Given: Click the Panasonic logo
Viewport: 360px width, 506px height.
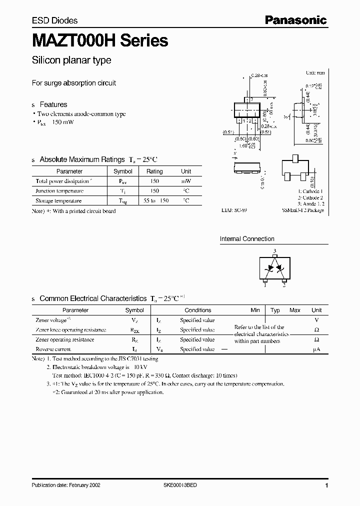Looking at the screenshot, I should pos(295,20).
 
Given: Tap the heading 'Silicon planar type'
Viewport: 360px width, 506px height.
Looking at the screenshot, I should pos(71,60).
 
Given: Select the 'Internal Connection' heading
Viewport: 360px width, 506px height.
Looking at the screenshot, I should pos(247,239).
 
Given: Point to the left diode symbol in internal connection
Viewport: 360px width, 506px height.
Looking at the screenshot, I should pos(269,268).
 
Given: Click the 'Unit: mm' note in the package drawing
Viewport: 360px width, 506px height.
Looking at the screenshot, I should pos(314,73).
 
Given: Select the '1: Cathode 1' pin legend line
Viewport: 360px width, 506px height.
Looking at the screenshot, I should pos(310,191).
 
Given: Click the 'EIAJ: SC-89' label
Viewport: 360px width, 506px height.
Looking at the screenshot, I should pos(234,210).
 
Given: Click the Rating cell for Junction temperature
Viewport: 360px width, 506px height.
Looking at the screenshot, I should pos(154,191).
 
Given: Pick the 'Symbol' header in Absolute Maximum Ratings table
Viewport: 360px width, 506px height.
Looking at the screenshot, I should pos(123,171).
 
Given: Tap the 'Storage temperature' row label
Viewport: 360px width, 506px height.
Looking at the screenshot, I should pos(58,200).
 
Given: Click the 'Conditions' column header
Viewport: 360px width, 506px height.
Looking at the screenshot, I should pos(198,310).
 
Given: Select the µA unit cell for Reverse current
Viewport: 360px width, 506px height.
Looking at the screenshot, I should pos(316,349).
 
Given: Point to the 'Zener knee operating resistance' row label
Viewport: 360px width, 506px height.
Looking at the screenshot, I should pos(71,330).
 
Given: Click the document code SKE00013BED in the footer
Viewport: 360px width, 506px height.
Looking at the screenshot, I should pos(184,485).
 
